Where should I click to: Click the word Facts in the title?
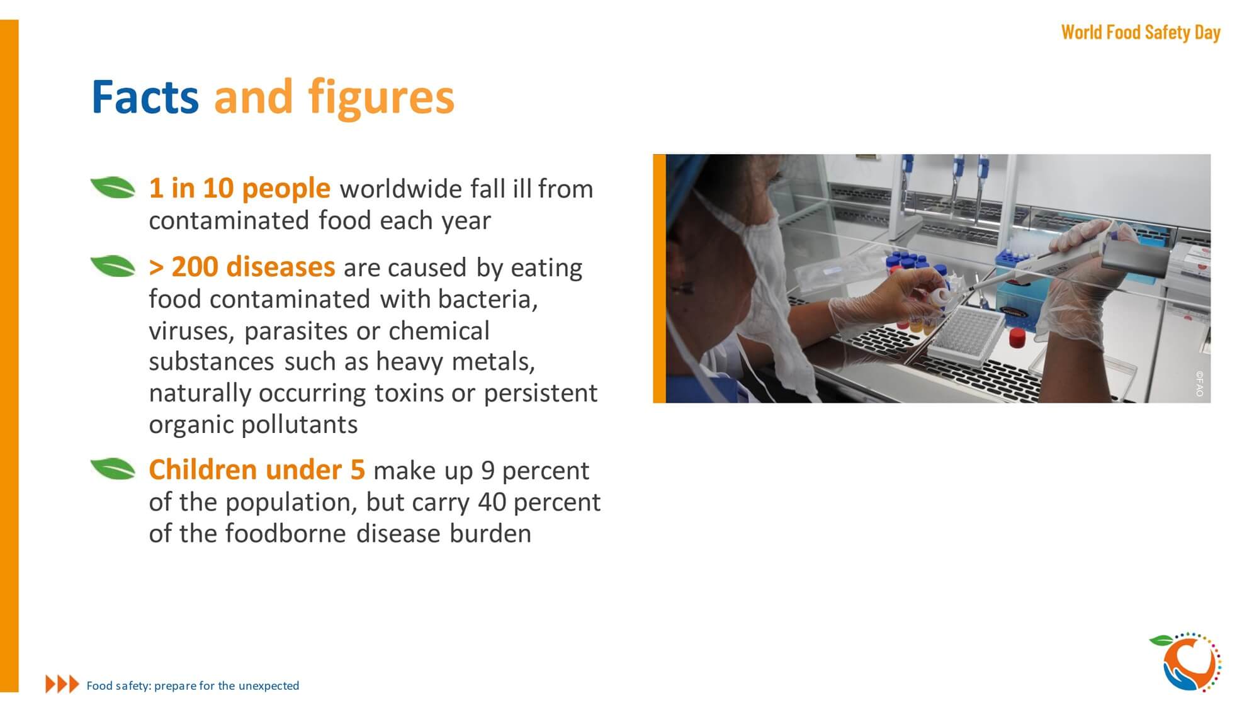[x=145, y=98]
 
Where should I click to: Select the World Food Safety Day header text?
[x=1141, y=32]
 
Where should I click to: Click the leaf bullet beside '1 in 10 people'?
[x=113, y=188]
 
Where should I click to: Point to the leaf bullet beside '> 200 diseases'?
[x=113, y=266]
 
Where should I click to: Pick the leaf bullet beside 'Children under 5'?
[x=113, y=469]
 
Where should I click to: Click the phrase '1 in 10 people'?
[x=239, y=188]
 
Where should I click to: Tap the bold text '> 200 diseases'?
[x=242, y=267]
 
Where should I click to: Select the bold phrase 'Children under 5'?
[x=257, y=469]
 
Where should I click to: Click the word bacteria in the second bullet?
[x=488, y=300]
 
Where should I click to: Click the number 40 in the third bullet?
[x=492, y=502]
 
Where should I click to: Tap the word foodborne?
[x=285, y=533]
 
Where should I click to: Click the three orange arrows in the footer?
[x=62, y=684]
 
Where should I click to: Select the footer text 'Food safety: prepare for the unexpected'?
[x=193, y=685]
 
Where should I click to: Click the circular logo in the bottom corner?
[x=1186, y=662]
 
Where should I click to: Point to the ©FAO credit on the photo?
[x=1199, y=383]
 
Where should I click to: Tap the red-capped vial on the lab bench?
[x=1017, y=338]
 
